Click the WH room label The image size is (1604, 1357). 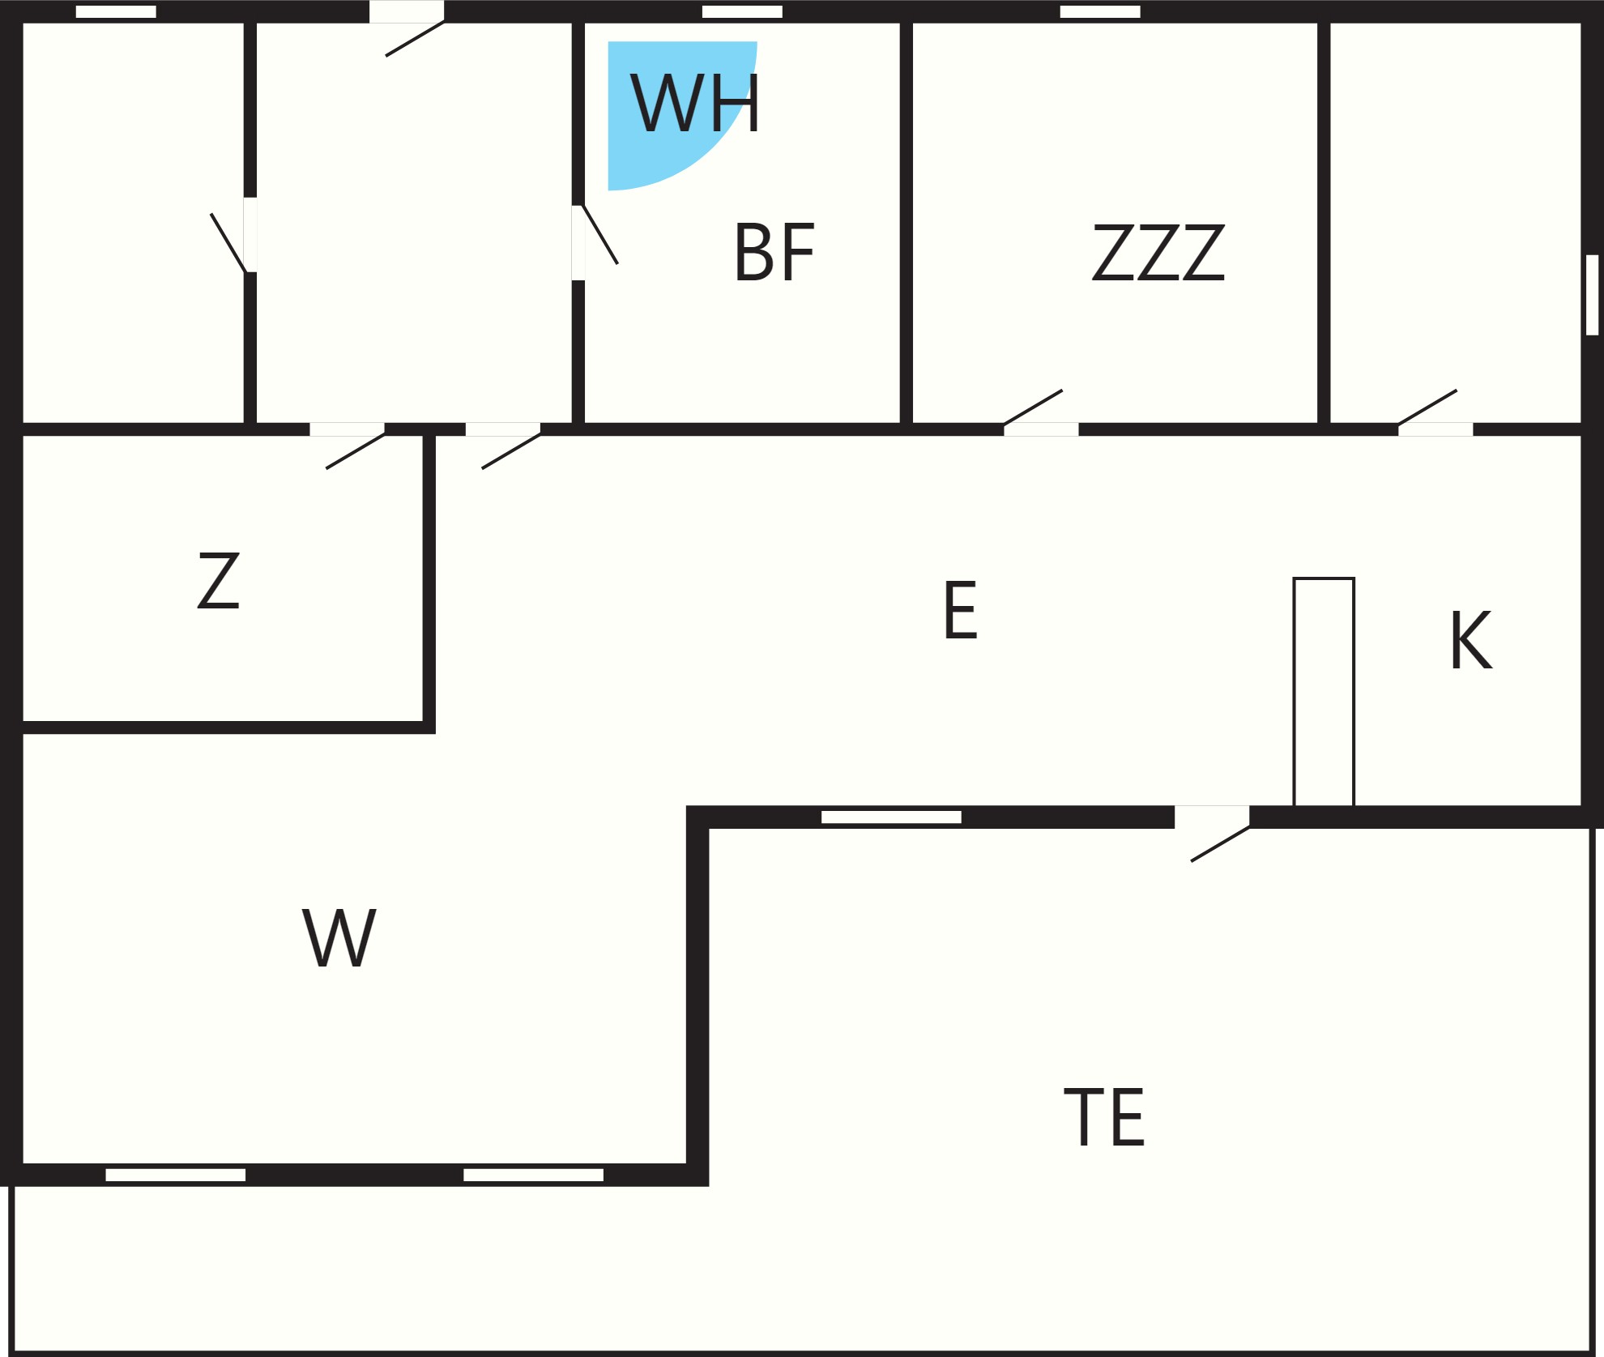(x=695, y=103)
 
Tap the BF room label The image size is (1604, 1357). (x=774, y=252)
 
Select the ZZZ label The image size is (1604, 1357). (x=1158, y=252)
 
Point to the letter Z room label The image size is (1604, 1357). (x=219, y=580)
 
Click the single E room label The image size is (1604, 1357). (x=961, y=610)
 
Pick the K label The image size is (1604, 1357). (x=1471, y=640)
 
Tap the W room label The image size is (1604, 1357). (x=339, y=937)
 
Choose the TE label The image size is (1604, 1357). (x=1104, y=1117)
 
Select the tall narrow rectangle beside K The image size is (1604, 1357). (x=1324, y=692)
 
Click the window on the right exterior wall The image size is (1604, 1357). (x=1592, y=295)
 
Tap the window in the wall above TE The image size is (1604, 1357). (x=891, y=817)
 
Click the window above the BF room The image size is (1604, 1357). (x=742, y=11)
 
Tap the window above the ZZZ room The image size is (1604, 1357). (x=1100, y=11)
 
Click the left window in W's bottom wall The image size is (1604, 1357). (x=176, y=1175)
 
